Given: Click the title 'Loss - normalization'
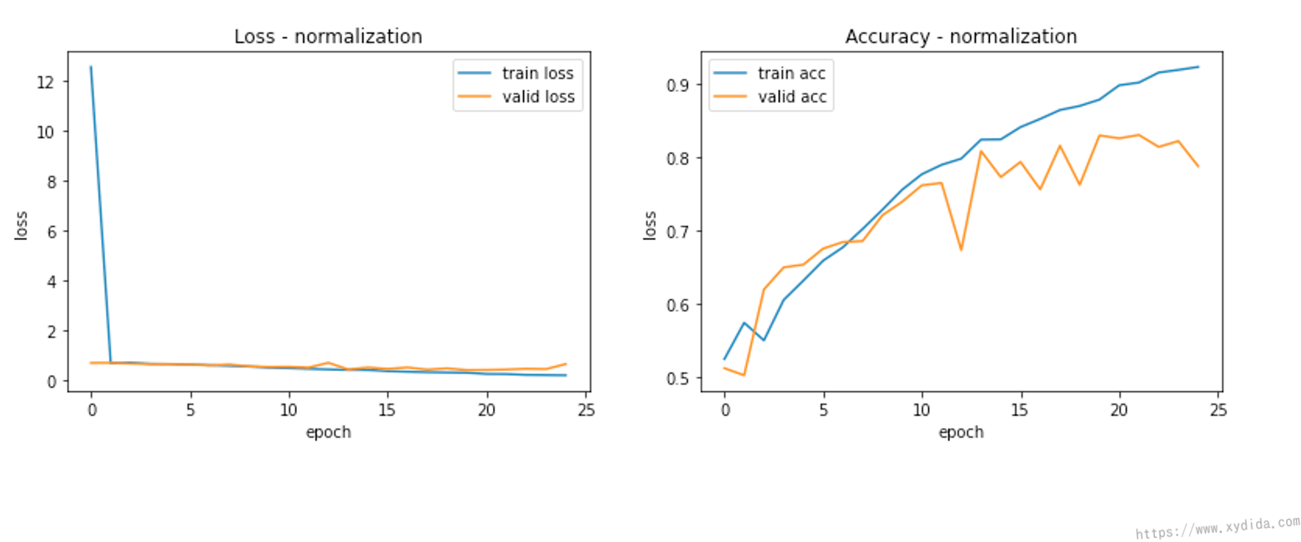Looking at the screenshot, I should coord(328,37).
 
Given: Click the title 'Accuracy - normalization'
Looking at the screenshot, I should coord(961,37).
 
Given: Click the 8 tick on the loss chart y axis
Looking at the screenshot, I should coord(52,181).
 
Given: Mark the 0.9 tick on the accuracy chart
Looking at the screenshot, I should coord(676,85).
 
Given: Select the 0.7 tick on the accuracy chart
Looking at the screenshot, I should coord(676,231).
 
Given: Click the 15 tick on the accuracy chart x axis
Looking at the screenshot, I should coord(1020,410).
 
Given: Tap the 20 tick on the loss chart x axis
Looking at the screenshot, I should coord(486,410).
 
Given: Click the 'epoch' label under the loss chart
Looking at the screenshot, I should coord(328,432).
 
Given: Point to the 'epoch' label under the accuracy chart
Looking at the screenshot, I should coord(961,432).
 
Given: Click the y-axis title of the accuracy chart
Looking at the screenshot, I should coord(650,225).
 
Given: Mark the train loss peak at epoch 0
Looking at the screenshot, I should coord(91,67).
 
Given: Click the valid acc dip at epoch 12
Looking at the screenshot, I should coord(961,249).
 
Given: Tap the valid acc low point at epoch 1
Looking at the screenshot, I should coord(744,375).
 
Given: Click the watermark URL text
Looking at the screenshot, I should coord(1218,528).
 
